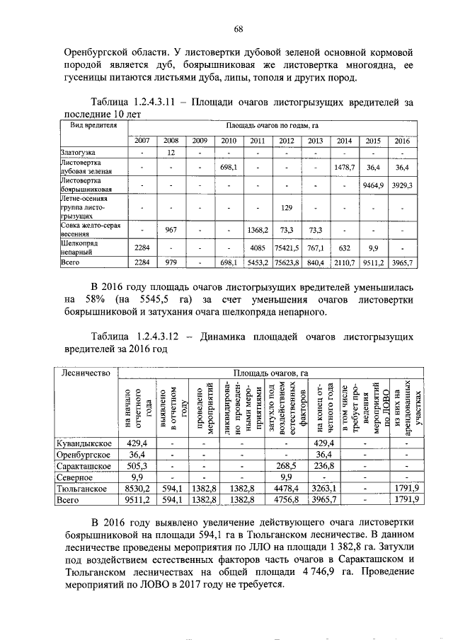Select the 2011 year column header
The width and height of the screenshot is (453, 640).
(x=257, y=141)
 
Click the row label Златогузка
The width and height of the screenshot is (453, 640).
(x=78, y=152)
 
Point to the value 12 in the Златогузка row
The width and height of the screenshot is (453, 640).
(x=171, y=152)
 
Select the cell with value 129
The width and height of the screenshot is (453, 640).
(x=287, y=208)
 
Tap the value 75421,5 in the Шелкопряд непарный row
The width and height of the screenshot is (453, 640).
(x=287, y=248)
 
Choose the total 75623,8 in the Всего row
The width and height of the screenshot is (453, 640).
(x=287, y=263)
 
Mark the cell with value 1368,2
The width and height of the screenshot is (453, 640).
(x=257, y=230)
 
